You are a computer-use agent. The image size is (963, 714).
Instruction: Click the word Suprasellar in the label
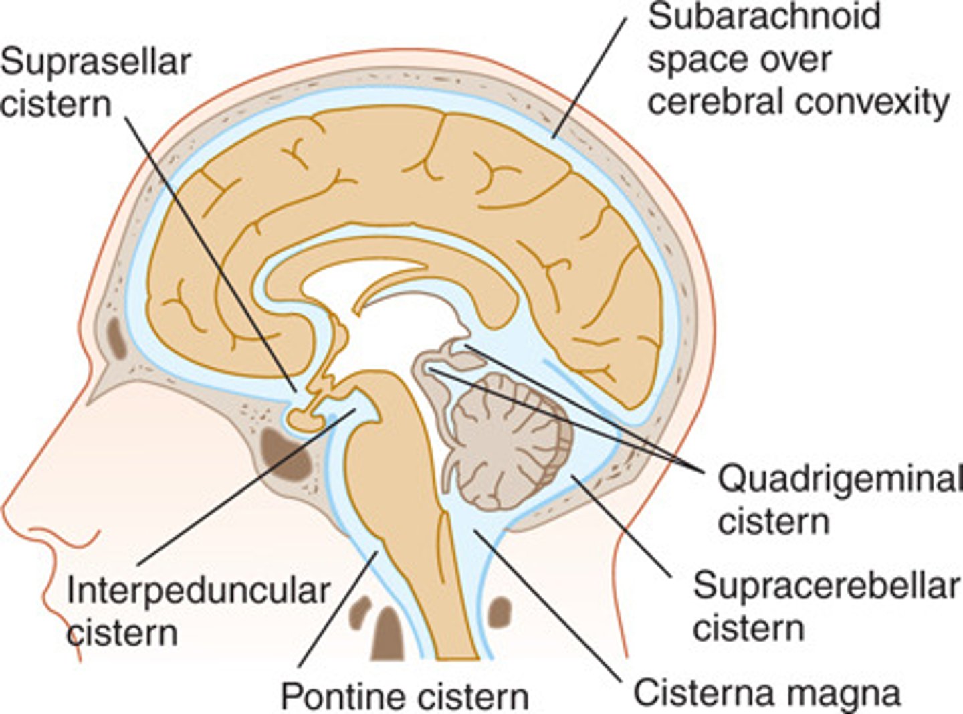point(96,62)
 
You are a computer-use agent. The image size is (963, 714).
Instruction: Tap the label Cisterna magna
point(766,693)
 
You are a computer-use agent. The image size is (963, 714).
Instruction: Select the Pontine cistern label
point(405,696)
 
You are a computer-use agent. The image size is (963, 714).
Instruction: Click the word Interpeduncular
point(199,592)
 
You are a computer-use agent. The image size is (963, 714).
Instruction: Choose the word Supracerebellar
point(826,586)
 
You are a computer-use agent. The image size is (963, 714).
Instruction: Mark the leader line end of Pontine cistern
point(378,553)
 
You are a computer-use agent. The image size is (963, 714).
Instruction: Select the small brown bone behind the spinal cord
point(500,611)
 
